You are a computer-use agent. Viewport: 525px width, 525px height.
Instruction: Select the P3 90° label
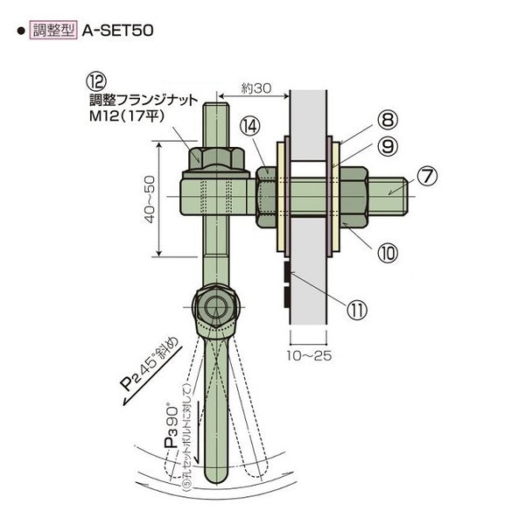click(171, 426)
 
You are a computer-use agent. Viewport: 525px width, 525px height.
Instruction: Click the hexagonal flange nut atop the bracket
click(214, 157)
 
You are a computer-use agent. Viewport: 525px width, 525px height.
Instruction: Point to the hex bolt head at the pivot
click(213, 307)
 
